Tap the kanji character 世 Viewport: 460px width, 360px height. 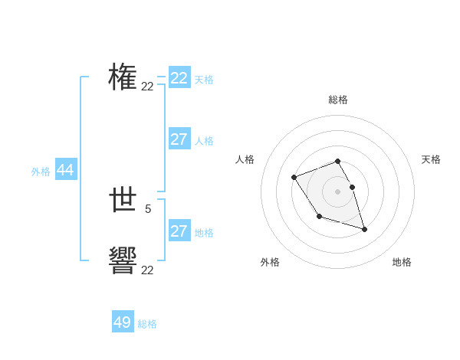[x=123, y=201]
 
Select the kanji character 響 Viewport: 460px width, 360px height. [x=123, y=261]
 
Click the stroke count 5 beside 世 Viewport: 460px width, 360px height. [x=148, y=208]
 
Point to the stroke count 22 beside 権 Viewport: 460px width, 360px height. [x=147, y=87]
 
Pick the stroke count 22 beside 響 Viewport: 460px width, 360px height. [x=147, y=270]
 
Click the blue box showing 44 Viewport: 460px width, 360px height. [x=65, y=170]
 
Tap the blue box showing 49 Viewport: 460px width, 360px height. [x=123, y=322]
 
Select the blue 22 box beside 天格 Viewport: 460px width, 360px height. [x=179, y=78]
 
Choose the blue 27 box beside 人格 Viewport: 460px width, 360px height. [x=179, y=139]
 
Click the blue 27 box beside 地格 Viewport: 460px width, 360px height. [x=179, y=231]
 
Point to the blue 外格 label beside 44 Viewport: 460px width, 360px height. [x=41, y=172]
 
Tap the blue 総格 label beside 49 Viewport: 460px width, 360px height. [x=147, y=324]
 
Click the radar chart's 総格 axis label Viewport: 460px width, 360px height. [x=338, y=100]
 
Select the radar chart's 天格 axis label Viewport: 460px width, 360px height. [x=431, y=159]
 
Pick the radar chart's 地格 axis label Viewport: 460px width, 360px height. [x=402, y=262]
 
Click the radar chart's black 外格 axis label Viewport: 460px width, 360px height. [x=270, y=262]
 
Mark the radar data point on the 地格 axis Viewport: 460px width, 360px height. [x=364, y=229]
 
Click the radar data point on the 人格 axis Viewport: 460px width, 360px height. [x=294, y=178]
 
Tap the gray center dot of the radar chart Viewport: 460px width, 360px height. [x=338, y=190]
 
